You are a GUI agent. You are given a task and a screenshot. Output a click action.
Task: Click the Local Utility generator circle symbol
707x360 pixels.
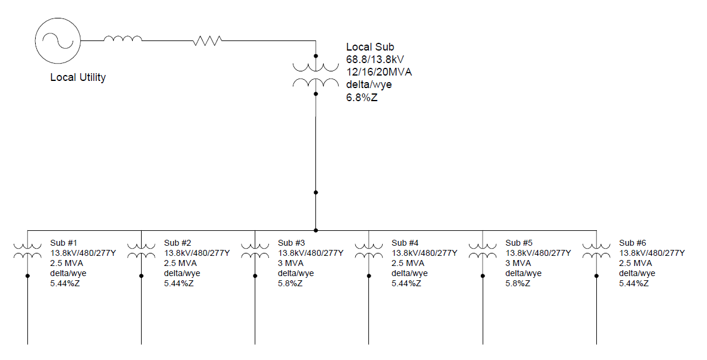tap(57, 40)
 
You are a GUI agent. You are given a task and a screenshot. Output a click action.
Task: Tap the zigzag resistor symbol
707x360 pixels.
tap(207, 40)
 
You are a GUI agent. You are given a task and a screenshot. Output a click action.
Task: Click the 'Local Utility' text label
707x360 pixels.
tap(78, 77)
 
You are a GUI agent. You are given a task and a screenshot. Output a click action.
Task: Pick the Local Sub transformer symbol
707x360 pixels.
tap(316, 74)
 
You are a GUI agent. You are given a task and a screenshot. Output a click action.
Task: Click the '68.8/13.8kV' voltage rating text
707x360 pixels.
tap(376, 60)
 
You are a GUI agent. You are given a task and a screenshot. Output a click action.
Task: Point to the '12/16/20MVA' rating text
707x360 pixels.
tap(379, 72)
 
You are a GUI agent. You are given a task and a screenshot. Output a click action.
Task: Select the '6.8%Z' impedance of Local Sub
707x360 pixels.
tap(362, 98)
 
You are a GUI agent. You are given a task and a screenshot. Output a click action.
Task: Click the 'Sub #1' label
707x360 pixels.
tap(64, 243)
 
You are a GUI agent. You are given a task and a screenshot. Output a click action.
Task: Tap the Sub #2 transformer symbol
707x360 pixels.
tap(142, 250)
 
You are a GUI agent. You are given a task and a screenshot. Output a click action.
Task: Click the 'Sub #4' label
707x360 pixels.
tap(405, 243)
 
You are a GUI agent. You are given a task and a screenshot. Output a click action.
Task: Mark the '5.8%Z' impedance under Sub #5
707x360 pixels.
tap(518, 284)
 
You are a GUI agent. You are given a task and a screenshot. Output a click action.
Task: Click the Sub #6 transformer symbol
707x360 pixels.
tap(596, 250)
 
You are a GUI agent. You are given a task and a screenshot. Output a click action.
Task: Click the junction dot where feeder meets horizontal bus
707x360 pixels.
tap(316, 230)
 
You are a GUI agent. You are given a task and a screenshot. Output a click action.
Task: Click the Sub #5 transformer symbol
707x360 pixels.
tap(483, 250)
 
